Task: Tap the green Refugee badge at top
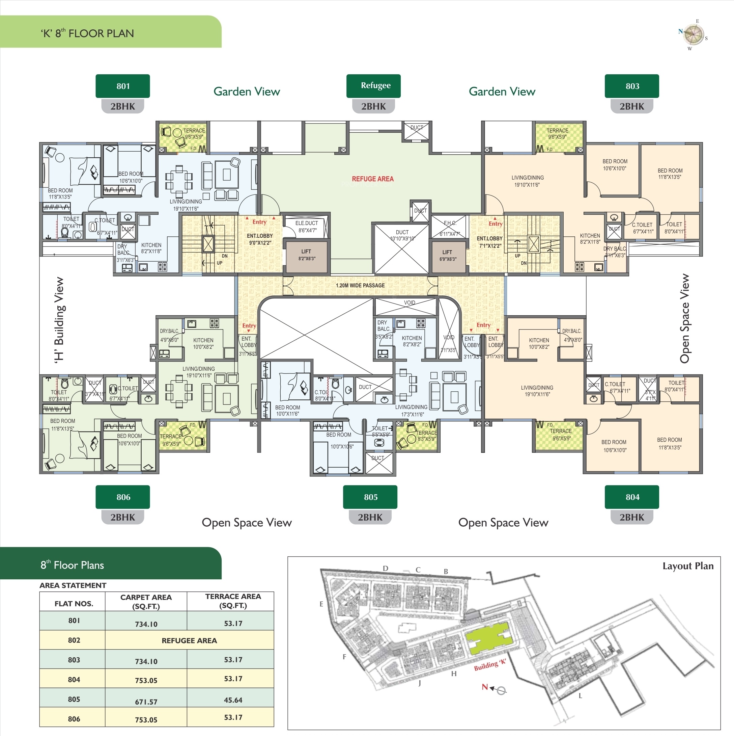pyautogui.click(x=373, y=86)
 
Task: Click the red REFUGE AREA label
pyautogui.click(x=372, y=179)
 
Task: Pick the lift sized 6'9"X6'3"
pyautogui.click(x=447, y=256)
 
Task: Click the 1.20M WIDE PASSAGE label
pyautogui.click(x=360, y=285)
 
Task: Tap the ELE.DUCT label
pyautogui.click(x=307, y=223)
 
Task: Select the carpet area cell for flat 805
pyautogui.click(x=146, y=701)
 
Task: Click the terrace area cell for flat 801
pyautogui.click(x=233, y=624)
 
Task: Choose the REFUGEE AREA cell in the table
pyautogui.click(x=189, y=641)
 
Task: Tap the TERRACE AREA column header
pyautogui.click(x=233, y=601)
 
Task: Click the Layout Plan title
pyautogui.click(x=687, y=566)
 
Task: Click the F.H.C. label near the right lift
pyautogui.click(x=450, y=223)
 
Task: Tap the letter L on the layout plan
pyautogui.click(x=580, y=695)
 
